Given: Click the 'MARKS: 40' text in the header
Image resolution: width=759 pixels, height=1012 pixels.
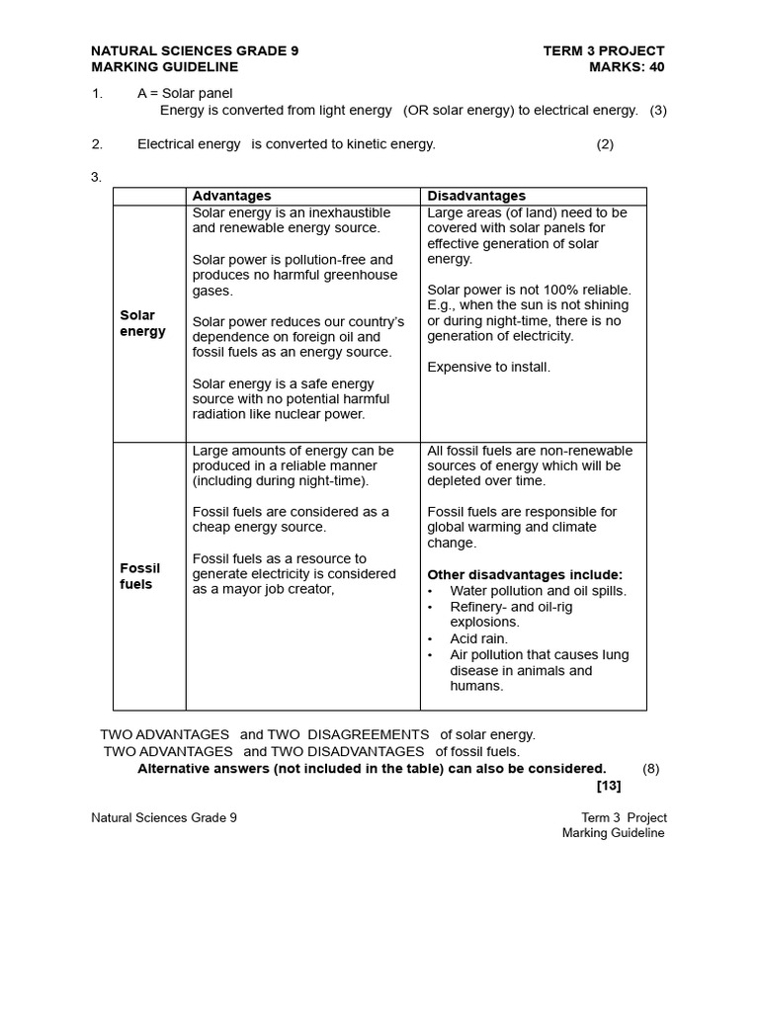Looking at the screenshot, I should pyautogui.click(x=627, y=67).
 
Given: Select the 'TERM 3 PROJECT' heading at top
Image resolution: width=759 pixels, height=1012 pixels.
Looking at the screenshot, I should pyautogui.click(x=604, y=50).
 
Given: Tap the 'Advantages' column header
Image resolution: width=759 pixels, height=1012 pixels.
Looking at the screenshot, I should pyautogui.click(x=231, y=196).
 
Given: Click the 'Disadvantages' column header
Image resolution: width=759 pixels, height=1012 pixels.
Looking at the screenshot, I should pyautogui.click(x=476, y=196).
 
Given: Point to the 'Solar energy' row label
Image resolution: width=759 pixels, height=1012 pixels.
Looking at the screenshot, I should pyautogui.click(x=143, y=323).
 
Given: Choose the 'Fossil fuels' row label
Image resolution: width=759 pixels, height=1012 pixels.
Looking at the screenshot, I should pyautogui.click(x=140, y=576).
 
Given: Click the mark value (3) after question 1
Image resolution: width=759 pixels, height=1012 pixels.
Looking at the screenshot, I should pyautogui.click(x=658, y=110).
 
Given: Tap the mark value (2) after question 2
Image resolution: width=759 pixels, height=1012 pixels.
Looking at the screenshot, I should pyautogui.click(x=605, y=144).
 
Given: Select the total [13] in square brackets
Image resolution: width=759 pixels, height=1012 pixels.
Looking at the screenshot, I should pyautogui.click(x=609, y=786).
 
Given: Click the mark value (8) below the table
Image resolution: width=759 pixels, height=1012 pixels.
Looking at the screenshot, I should pyautogui.click(x=650, y=768).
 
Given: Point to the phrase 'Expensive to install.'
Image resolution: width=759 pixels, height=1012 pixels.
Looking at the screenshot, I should pyautogui.click(x=489, y=367).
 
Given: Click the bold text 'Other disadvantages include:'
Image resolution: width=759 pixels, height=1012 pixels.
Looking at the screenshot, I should pyautogui.click(x=525, y=574).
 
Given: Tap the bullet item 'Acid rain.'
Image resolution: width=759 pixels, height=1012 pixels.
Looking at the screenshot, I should pyautogui.click(x=479, y=638).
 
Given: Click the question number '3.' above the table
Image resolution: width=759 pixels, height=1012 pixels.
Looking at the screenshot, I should pyautogui.click(x=97, y=177).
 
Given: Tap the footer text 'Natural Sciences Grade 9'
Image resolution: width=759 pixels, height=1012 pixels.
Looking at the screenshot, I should pyautogui.click(x=164, y=817).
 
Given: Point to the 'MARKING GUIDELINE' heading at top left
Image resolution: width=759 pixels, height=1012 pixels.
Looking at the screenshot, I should pyautogui.click(x=164, y=67).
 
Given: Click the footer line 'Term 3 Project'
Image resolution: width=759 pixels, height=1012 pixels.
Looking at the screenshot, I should pyautogui.click(x=624, y=817).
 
